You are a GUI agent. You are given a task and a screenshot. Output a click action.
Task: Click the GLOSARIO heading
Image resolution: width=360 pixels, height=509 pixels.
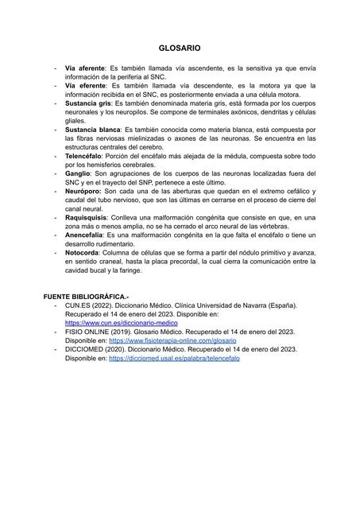click(179, 49)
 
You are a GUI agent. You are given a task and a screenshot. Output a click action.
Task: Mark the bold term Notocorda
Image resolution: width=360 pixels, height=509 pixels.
click(84, 252)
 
